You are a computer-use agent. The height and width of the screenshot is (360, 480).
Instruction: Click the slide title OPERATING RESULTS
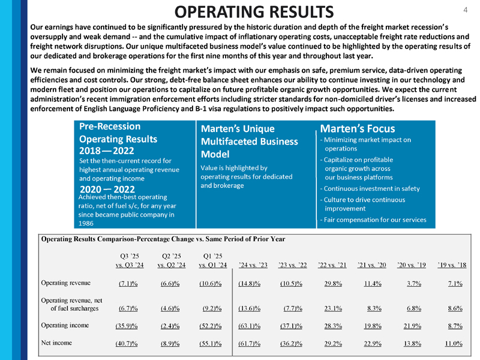[x=251, y=11]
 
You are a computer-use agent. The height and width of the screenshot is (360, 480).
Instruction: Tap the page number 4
[x=465, y=10]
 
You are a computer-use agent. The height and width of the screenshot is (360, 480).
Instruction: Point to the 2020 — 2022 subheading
[x=107, y=188]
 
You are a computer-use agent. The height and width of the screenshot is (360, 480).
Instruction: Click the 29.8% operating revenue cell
[x=333, y=284]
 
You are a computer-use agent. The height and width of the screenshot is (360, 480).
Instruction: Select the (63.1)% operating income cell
[x=254, y=326]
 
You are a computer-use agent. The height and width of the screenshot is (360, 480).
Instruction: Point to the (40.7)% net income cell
[x=127, y=344]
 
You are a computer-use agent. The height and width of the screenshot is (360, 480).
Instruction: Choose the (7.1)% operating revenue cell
[x=126, y=284]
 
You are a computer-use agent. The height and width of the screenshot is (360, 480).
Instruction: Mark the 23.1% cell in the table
[x=333, y=309]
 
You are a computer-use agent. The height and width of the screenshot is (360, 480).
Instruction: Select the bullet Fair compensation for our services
[x=373, y=220]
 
